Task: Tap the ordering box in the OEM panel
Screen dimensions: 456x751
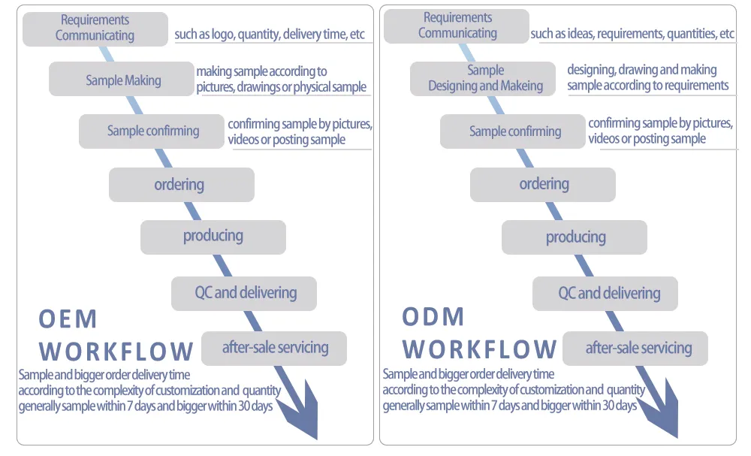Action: pos(181,185)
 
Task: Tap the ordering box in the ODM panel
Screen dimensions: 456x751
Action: pos(543,184)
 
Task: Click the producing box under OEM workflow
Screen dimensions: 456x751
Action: pos(213,237)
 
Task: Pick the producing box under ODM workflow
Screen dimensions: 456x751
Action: pos(575,237)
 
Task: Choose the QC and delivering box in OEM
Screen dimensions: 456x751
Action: pos(245,293)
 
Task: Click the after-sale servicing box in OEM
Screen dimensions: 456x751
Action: pos(275,348)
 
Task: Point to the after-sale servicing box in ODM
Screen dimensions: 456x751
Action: pos(637,349)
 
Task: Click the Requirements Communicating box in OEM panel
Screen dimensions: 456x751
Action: pos(95,28)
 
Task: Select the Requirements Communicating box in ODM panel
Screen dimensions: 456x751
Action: pos(457,26)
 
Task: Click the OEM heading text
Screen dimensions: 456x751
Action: pos(68,319)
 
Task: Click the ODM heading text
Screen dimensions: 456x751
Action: pos(433,317)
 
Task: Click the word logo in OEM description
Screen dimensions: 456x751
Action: pos(224,35)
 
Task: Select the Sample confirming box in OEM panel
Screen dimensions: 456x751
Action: pos(152,131)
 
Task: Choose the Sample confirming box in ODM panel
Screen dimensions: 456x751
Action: pos(514,131)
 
